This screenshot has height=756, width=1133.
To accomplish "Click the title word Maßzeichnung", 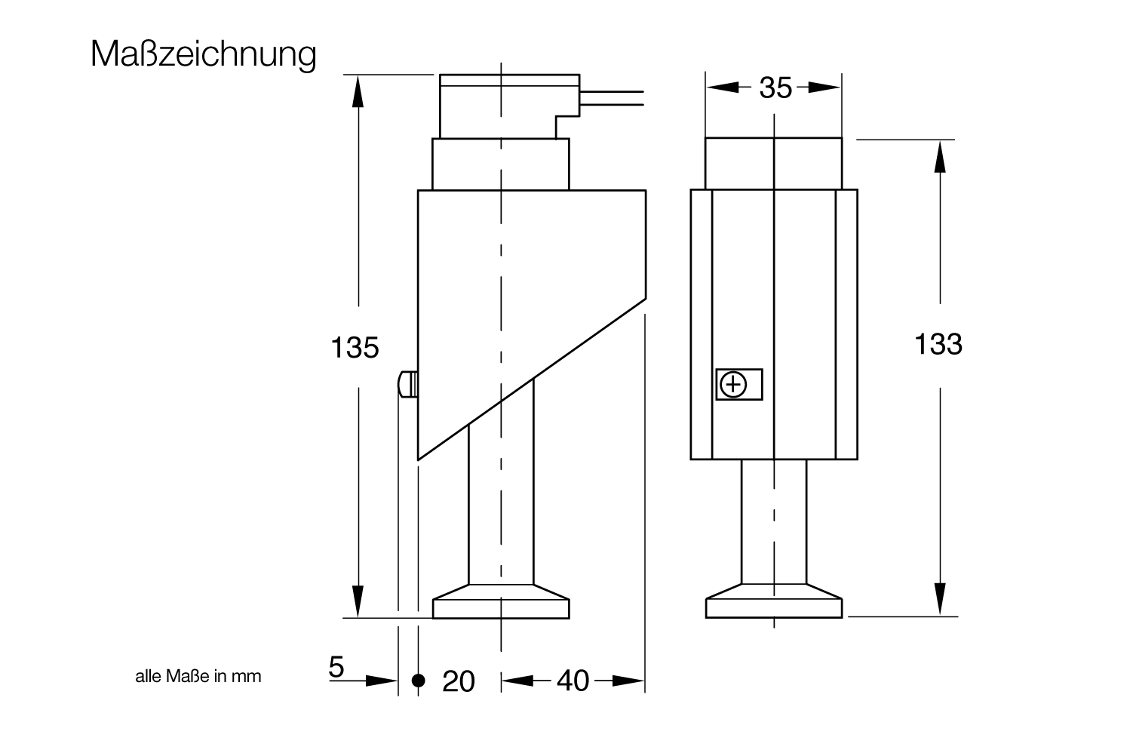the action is point(204,54).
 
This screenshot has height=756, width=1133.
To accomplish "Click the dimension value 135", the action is point(355,348).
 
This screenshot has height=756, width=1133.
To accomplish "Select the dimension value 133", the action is point(938,344).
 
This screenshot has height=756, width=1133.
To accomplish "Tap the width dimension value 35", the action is point(775,88).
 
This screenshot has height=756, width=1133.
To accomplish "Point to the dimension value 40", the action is point(573,681).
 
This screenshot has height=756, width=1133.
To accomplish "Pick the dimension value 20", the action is point(459,681).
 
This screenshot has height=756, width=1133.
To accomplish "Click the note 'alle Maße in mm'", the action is point(198,676).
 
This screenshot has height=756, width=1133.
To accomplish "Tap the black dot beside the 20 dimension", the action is point(419,681).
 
